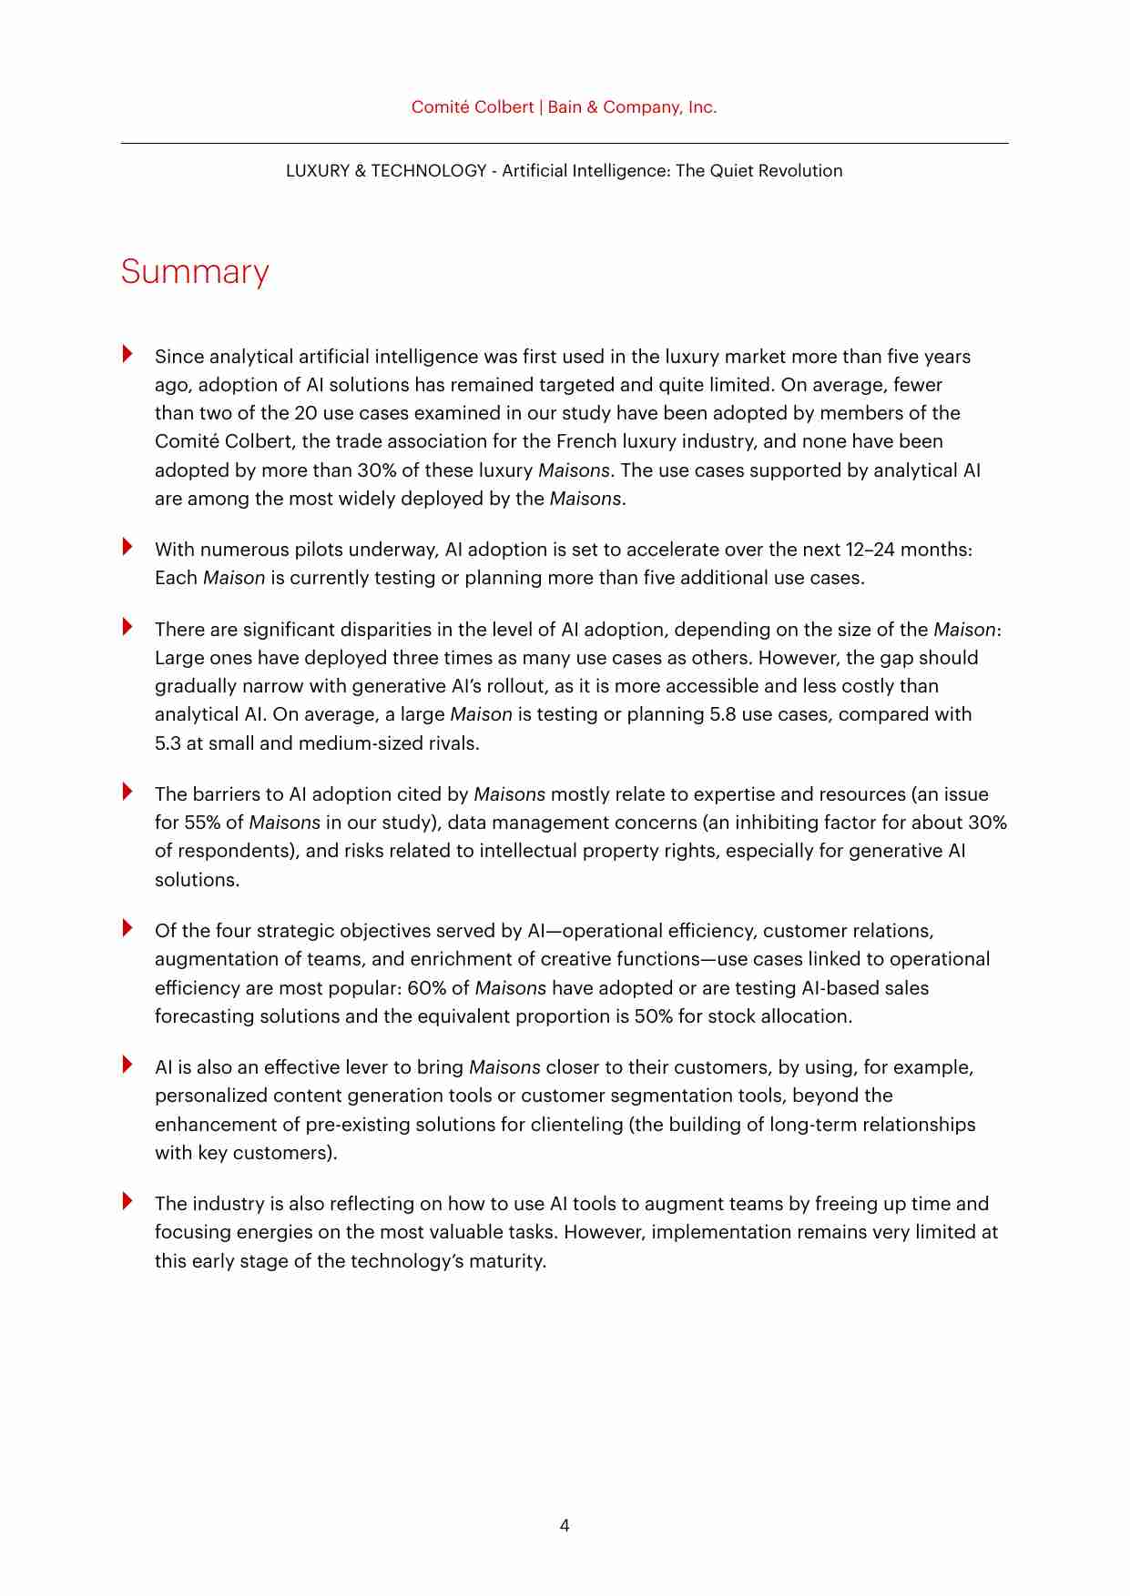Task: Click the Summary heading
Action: (195, 272)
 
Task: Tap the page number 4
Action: (565, 1525)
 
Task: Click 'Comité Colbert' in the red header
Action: (472, 107)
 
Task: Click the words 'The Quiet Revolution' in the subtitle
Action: (758, 171)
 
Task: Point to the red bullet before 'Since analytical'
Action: (127, 354)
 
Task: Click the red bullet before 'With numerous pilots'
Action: (127, 547)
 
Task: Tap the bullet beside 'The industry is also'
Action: (127, 1201)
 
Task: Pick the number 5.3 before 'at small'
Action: (168, 743)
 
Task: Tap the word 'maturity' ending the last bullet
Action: (505, 1261)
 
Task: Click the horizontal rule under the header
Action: (565, 143)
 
